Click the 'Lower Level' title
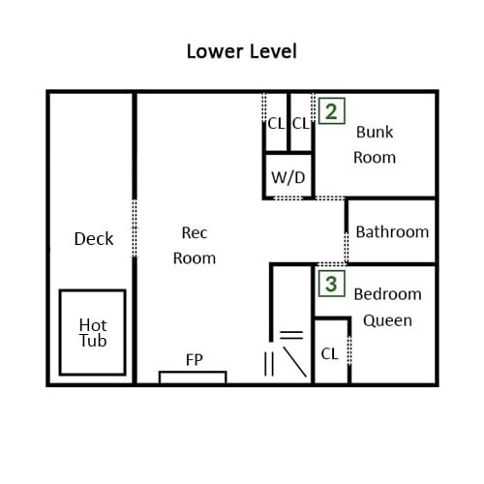pyautogui.click(x=242, y=51)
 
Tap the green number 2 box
pyautogui.click(x=332, y=111)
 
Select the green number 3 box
pyautogui.click(x=332, y=284)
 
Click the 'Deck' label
pyautogui.click(x=94, y=239)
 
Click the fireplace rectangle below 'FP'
pyautogui.click(x=193, y=372)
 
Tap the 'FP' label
pyautogui.click(x=195, y=359)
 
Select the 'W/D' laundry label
pyautogui.click(x=288, y=177)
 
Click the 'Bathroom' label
pyautogui.click(x=392, y=231)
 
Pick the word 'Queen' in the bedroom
pyautogui.click(x=387, y=320)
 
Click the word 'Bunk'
pyautogui.click(x=375, y=132)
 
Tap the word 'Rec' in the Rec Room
pyautogui.click(x=195, y=232)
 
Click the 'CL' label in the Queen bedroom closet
pyautogui.click(x=329, y=354)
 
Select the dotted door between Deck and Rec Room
pyautogui.click(x=135, y=228)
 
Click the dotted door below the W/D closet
pyautogui.click(x=288, y=197)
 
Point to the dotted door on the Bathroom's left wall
pyautogui.click(x=347, y=248)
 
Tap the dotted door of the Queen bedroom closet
pyautogui.click(x=349, y=350)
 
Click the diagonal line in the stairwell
pyautogui.click(x=294, y=362)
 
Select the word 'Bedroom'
pyautogui.click(x=387, y=294)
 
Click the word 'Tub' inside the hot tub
pyautogui.click(x=93, y=341)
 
